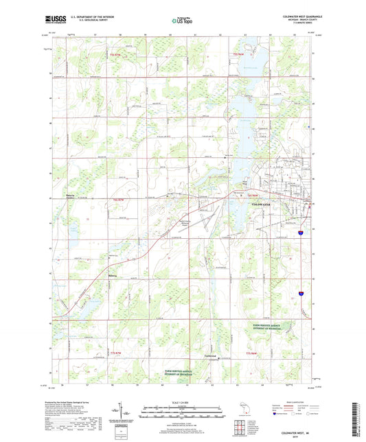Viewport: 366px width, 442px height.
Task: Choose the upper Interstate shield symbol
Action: coord(300,233)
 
